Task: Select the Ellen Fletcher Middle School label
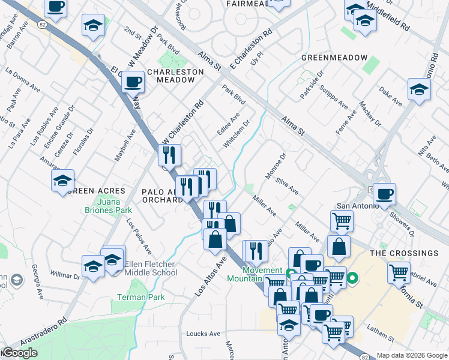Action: pos(151,268)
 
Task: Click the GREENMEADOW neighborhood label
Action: pos(334,57)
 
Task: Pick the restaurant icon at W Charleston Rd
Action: pos(169,155)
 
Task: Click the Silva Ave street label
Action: pos(287,185)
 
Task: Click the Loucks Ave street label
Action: pos(203,334)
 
